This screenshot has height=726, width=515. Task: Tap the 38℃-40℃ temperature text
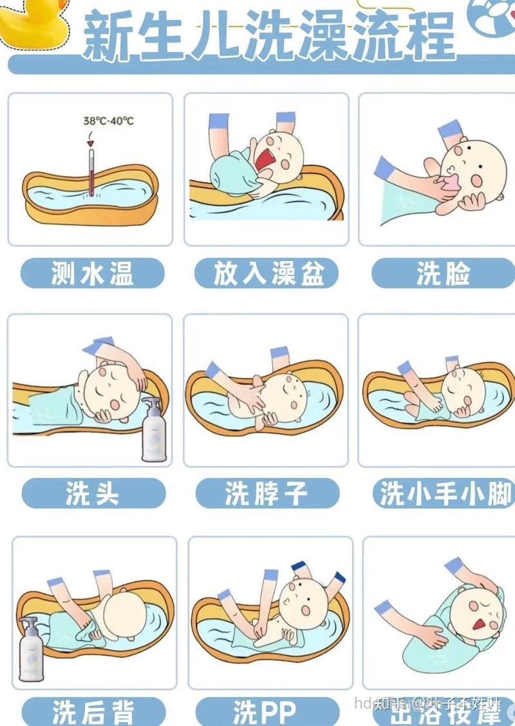tap(108, 121)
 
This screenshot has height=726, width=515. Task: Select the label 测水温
tap(93, 273)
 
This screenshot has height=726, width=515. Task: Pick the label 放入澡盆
tap(267, 273)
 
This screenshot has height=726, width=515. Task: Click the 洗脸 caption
tap(444, 273)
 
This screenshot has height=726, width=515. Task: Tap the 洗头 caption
tap(93, 494)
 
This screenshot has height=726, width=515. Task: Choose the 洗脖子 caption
tap(267, 494)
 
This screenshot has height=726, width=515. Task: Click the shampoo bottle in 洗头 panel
tap(153, 432)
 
